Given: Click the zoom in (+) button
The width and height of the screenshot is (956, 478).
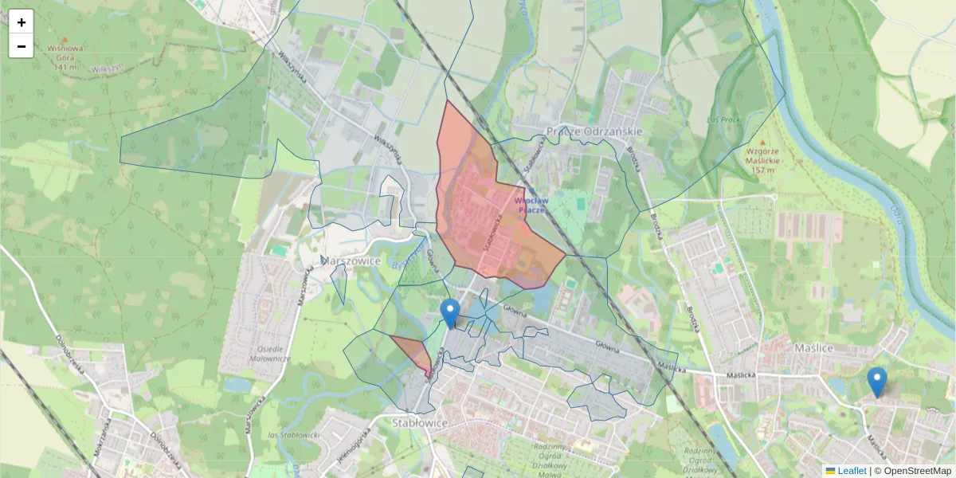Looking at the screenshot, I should pos(22,22).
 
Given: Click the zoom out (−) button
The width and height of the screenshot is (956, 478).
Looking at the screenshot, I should pos(22,46).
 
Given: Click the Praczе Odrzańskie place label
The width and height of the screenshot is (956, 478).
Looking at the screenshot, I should pos(594,131).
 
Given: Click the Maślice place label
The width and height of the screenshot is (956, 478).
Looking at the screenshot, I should pos(814,348).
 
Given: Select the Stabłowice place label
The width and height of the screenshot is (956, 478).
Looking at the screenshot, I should pos(421,421).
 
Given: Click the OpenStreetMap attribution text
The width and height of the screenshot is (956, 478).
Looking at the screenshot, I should pos(917,471).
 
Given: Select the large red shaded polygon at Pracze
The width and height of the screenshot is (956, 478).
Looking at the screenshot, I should pos(478,215).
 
